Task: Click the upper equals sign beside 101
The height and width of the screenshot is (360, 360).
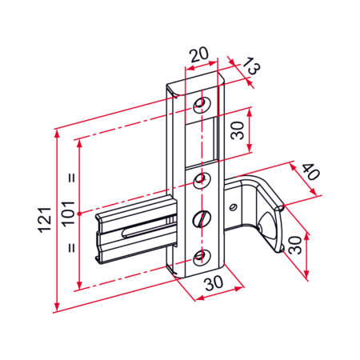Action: coord(71,178)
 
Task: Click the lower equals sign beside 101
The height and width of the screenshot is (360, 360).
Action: coord(71,248)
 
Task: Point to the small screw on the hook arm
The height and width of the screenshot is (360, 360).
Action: coord(233,206)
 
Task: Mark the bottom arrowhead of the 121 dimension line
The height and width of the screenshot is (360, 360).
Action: coord(57,309)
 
